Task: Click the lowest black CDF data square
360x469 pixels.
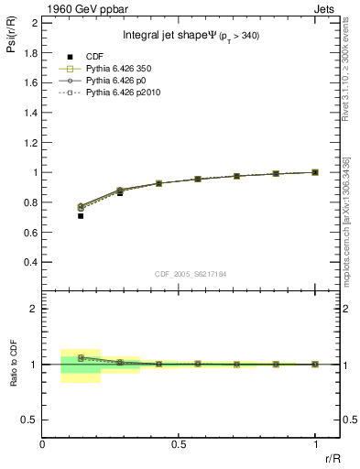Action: click(x=81, y=216)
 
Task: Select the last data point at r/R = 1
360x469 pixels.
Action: click(x=315, y=172)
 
